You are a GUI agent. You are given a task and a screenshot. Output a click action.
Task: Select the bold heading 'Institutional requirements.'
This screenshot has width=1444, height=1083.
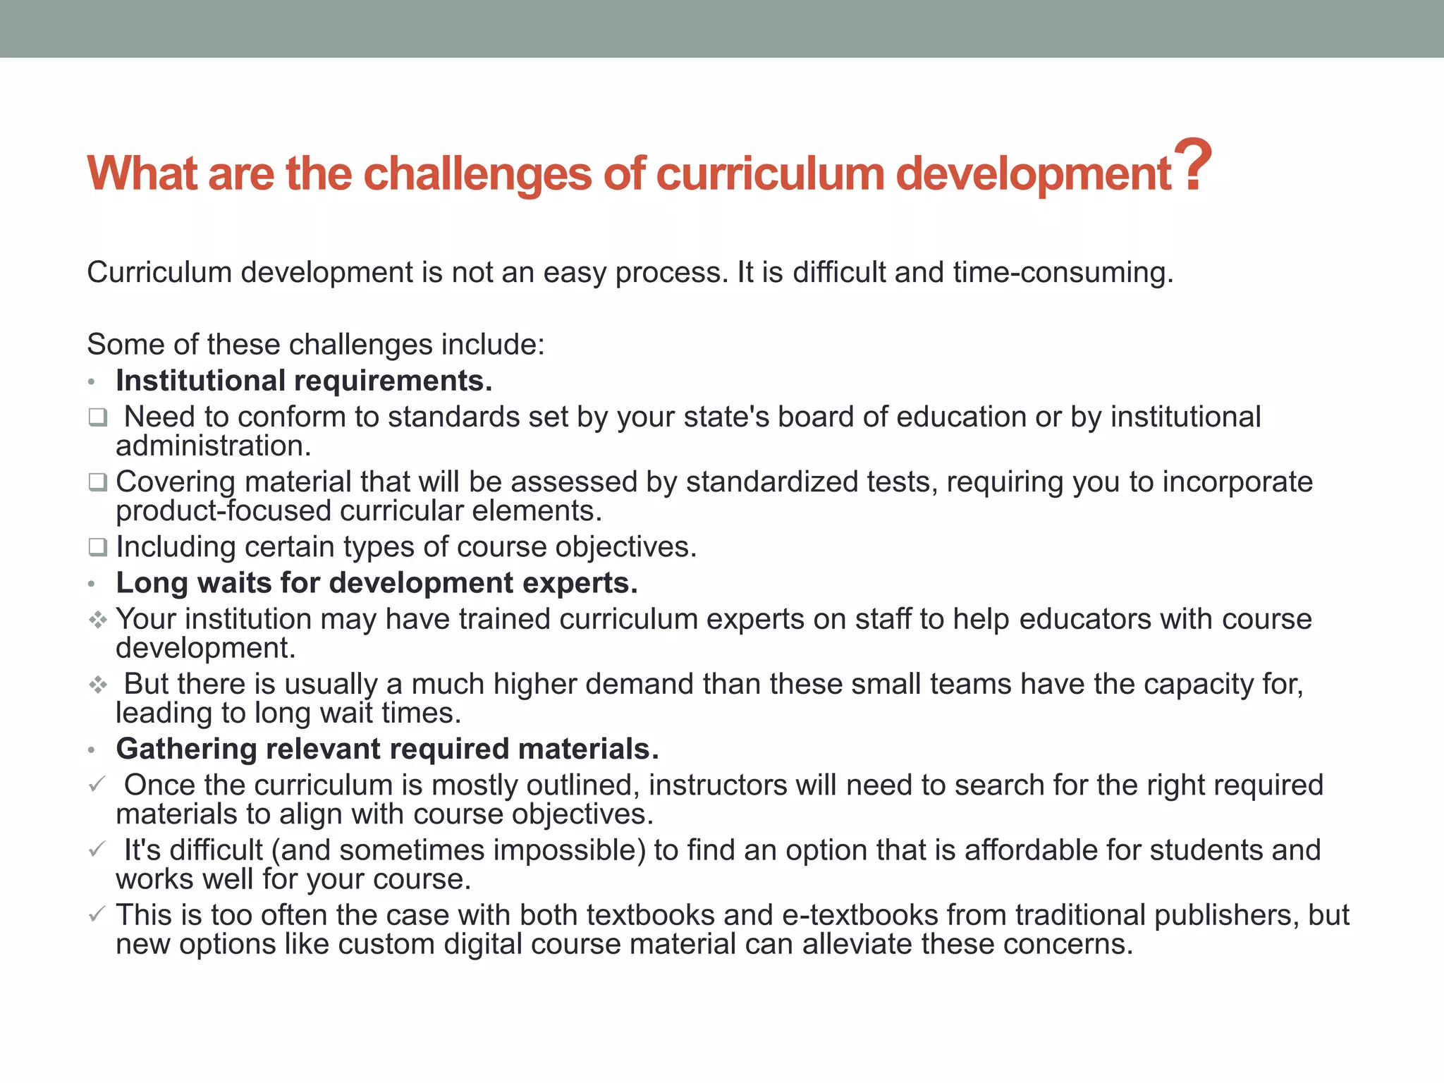[x=304, y=381]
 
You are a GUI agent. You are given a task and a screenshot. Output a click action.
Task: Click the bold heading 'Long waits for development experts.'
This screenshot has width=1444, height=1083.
[x=377, y=583]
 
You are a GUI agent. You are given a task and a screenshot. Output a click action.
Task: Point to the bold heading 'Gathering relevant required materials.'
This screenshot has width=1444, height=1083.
[x=387, y=749]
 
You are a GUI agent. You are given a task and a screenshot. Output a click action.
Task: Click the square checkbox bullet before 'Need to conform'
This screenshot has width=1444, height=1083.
[x=97, y=417]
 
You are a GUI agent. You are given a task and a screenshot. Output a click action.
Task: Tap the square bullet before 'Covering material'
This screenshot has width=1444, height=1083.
[x=97, y=482]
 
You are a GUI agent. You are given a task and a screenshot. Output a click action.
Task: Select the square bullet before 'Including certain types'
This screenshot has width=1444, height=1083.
[x=97, y=547]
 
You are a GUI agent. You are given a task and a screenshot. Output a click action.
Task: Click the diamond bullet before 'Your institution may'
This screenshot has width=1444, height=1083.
[x=97, y=620]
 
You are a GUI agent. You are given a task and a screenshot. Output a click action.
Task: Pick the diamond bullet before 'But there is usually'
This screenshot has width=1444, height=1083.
[x=97, y=685]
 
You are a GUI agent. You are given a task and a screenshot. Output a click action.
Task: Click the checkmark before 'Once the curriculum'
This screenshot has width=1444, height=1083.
[x=97, y=784]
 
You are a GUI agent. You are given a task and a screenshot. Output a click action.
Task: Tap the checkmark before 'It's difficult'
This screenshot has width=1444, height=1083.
[x=97, y=849]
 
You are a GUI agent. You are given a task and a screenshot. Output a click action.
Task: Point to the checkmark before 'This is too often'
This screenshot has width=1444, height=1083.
[x=97, y=914]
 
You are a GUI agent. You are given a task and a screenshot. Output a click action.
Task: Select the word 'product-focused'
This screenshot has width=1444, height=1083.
[x=224, y=511]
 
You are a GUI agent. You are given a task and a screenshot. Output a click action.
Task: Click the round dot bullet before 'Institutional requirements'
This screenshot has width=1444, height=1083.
[x=91, y=383]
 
